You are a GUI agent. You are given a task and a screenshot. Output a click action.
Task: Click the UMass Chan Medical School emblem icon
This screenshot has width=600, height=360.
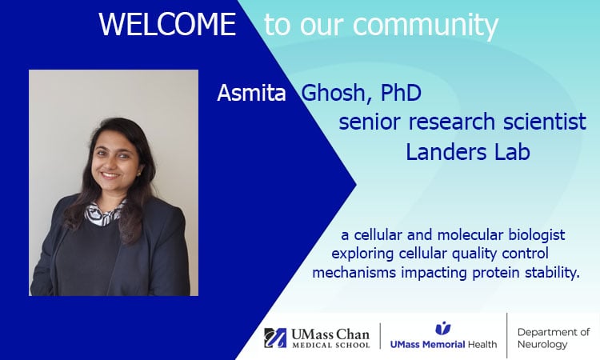point(275,337)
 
